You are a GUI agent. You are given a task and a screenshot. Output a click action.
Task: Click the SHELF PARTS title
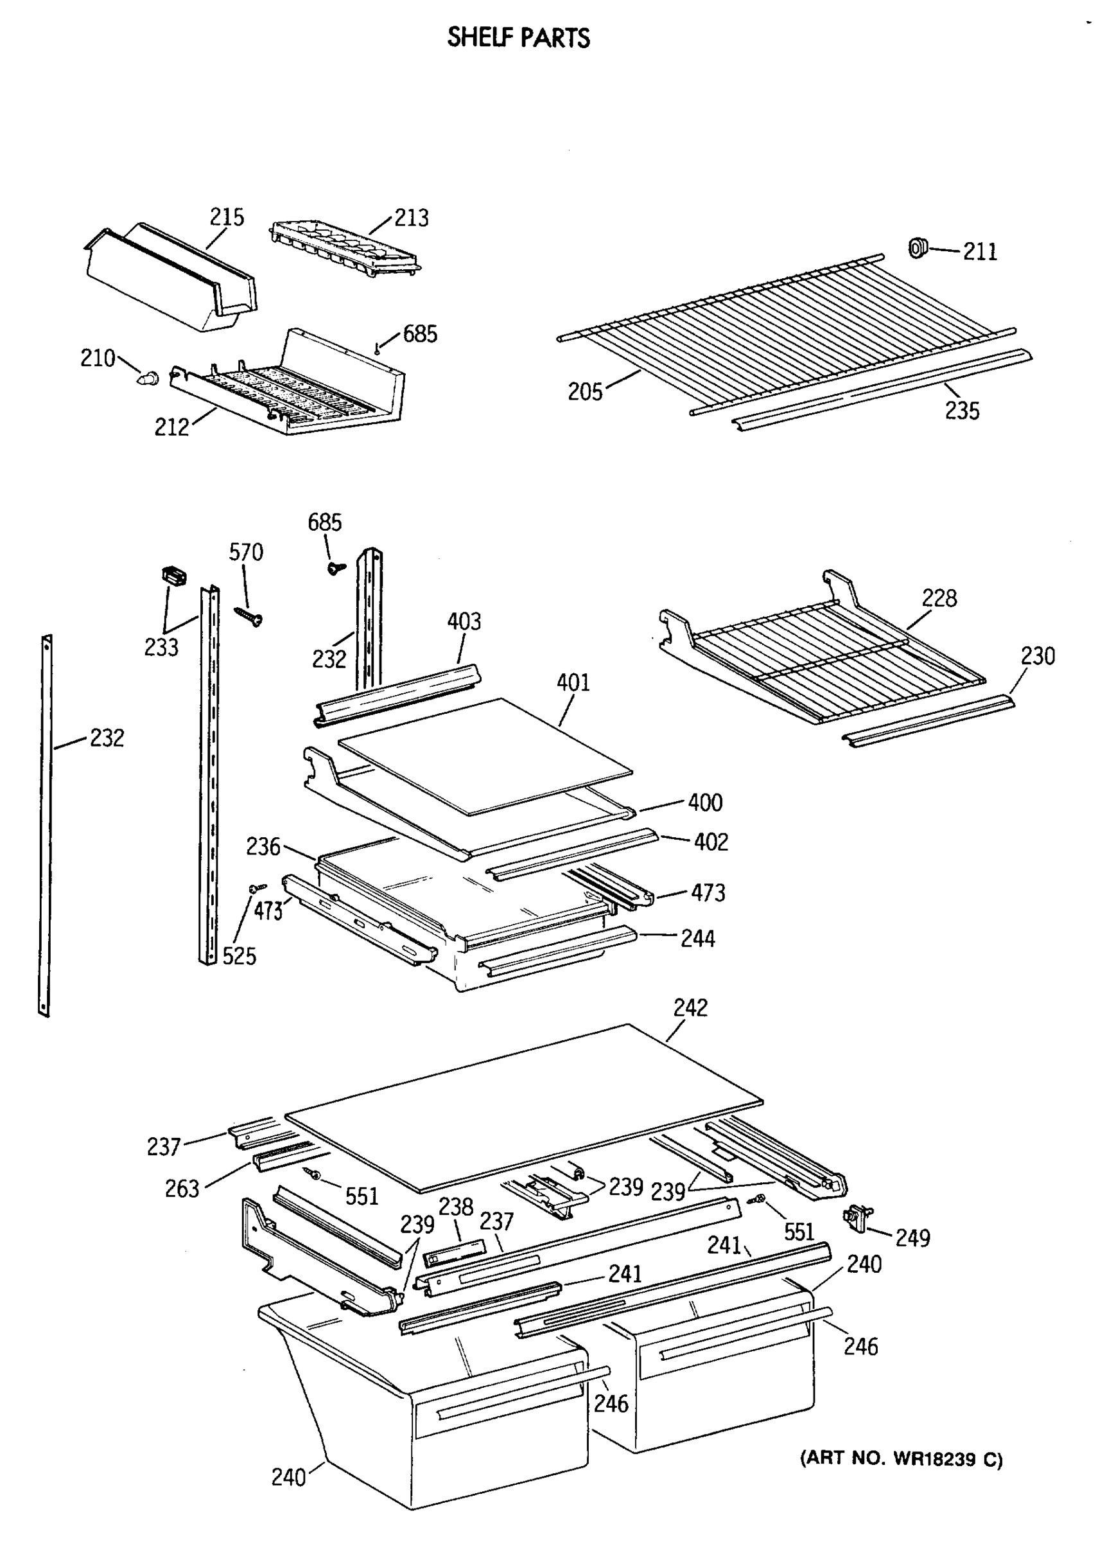tap(518, 38)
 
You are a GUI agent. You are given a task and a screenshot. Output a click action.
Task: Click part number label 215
tap(226, 217)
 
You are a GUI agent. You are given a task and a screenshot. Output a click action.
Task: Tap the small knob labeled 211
tap(918, 247)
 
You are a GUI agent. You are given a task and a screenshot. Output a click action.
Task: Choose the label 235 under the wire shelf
tap(961, 411)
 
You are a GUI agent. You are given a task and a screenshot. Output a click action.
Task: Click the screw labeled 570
tap(248, 616)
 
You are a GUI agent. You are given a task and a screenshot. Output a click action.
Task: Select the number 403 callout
tap(464, 621)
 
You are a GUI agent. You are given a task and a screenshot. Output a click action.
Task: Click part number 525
tap(240, 955)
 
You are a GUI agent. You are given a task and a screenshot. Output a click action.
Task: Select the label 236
tap(263, 846)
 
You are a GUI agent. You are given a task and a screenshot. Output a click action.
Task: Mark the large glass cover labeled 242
tap(524, 1108)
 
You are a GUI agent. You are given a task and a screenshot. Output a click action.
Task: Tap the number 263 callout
tap(182, 1189)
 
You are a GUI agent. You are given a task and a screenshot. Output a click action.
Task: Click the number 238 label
tap(456, 1207)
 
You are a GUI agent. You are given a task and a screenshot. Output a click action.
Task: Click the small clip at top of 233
tap(174, 577)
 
